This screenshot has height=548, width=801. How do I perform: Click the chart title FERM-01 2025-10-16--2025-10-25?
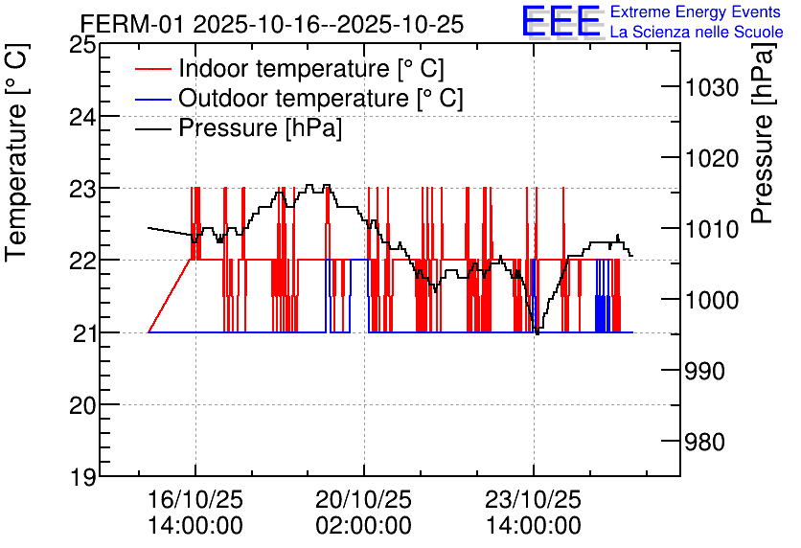(272, 24)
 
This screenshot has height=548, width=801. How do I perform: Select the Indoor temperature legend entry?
(289, 68)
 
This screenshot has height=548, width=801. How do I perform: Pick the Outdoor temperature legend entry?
(299, 98)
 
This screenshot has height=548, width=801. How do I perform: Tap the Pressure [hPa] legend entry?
(239, 127)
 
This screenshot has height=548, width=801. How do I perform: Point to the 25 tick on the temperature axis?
(82, 45)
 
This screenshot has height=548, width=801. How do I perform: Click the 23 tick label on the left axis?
(82, 190)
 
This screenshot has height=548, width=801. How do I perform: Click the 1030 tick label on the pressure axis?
(711, 88)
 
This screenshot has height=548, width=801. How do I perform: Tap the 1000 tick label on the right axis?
(711, 300)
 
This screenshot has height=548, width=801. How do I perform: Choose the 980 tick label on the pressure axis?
(704, 442)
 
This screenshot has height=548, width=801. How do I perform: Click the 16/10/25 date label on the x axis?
(195, 499)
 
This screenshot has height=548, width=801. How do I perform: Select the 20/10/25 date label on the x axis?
(363, 499)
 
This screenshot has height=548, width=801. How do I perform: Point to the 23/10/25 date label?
(533, 499)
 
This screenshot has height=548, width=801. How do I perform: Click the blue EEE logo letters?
(561, 21)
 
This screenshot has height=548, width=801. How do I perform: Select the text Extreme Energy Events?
(696, 11)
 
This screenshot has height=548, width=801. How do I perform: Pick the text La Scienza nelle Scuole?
(697, 32)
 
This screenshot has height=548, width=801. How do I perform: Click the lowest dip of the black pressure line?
(537, 333)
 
